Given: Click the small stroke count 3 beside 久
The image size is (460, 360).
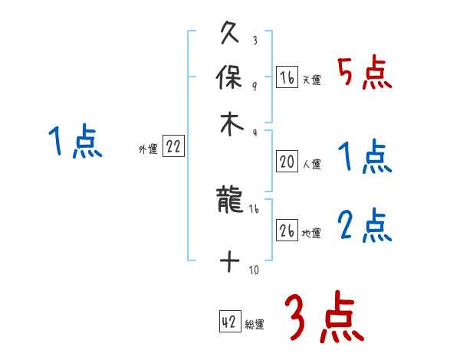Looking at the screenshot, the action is (x=254, y=41).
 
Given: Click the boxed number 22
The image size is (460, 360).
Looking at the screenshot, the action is (x=173, y=148).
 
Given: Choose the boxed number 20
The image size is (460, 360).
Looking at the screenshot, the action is (x=287, y=162).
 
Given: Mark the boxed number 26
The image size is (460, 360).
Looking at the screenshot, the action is (x=287, y=231).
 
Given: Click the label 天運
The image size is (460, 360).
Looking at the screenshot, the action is (x=311, y=80).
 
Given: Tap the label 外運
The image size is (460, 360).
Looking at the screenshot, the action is (x=148, y=149).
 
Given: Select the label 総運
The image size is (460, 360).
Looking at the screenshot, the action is (x=255, y=324).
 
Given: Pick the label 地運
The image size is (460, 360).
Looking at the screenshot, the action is (x=311, y=233).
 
